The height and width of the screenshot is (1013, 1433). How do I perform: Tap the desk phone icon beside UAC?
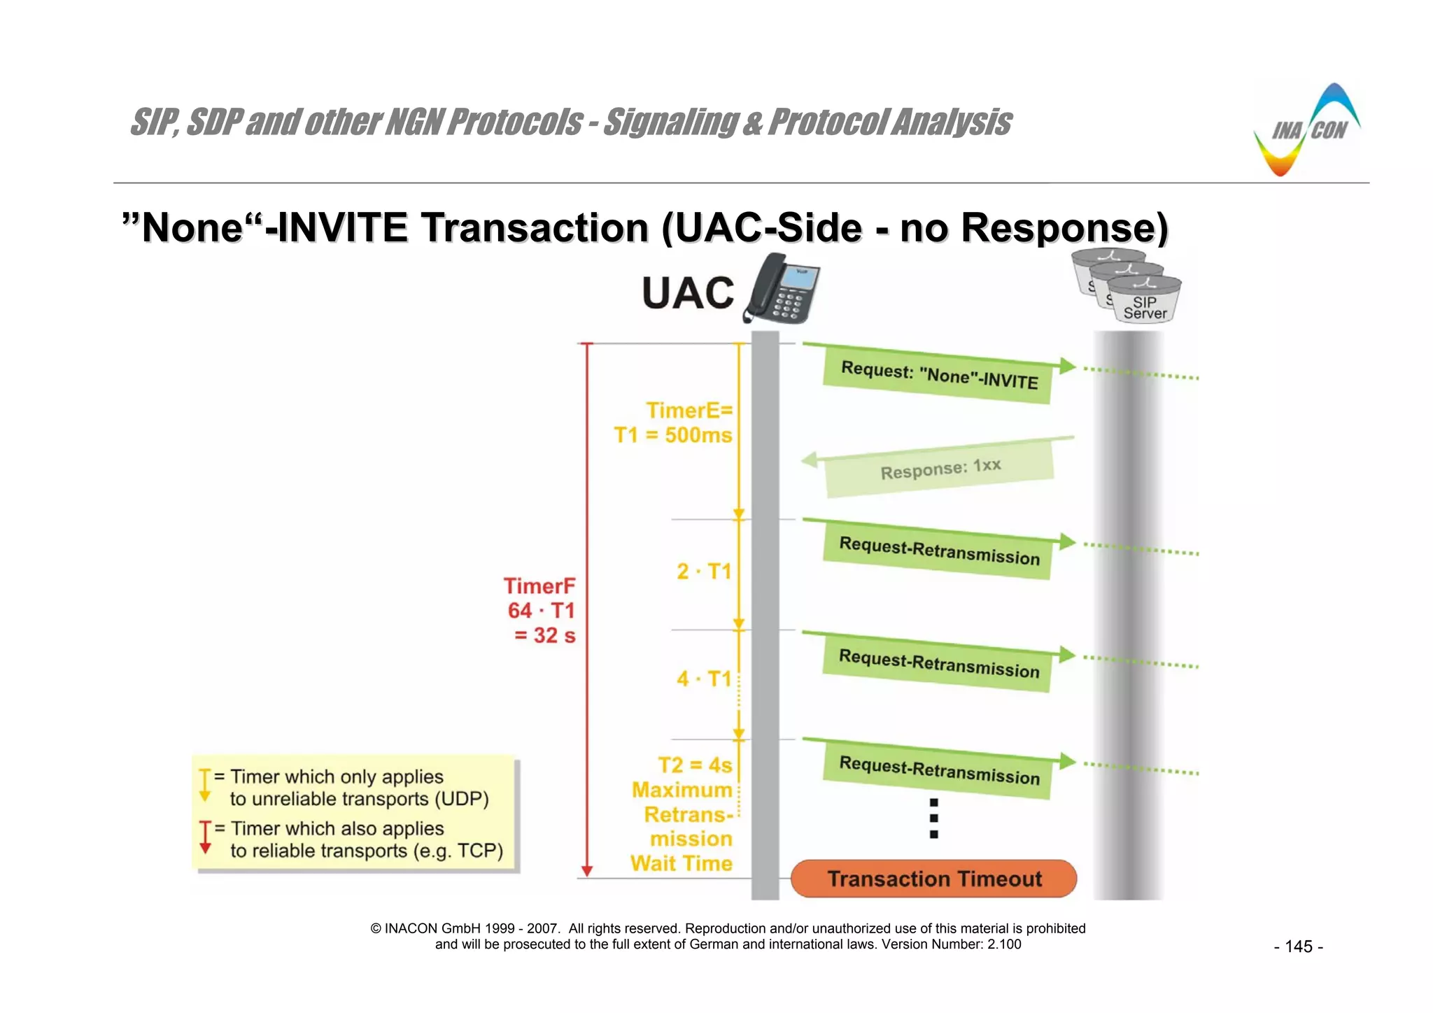[782, 289]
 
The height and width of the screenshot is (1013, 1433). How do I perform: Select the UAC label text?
[688, 293]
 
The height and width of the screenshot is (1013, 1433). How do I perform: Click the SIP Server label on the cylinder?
[1145, 308]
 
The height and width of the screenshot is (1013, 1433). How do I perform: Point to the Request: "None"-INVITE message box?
[938, 376]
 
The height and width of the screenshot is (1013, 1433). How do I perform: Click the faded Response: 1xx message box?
[940, 469]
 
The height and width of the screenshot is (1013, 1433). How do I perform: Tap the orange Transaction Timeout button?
[934, 879]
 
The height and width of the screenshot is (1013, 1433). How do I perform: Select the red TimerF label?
[539, 586]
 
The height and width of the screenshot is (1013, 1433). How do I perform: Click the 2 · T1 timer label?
[703, 572]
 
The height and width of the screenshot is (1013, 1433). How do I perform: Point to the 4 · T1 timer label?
[703, 679]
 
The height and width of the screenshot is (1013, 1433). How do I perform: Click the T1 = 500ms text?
[672, 435]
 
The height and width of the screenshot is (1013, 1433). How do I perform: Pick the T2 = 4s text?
[694, 765]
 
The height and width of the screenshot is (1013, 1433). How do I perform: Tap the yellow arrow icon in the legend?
[205, 785]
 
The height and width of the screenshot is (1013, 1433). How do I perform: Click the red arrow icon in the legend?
[205, 837]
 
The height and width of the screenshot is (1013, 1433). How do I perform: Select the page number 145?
[1298, 947]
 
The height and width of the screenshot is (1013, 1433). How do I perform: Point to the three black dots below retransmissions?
[933, 818]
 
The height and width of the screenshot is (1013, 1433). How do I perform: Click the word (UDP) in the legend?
[461, 799]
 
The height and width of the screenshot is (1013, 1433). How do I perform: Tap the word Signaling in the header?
[670, 122]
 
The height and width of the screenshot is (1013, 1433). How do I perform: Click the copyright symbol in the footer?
[376, 928]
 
